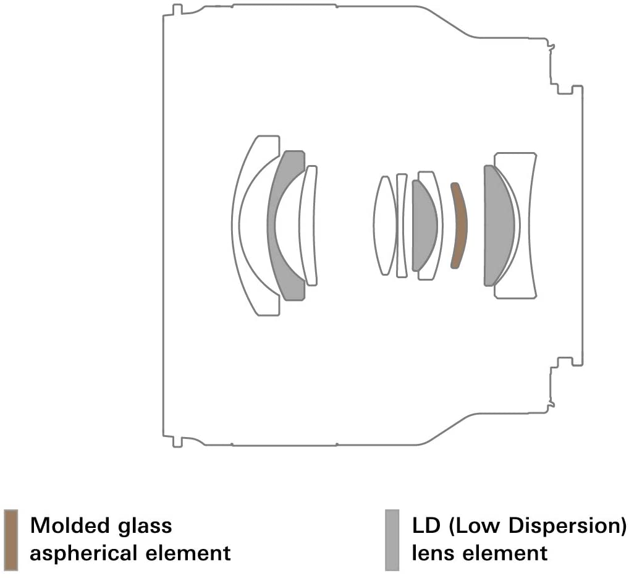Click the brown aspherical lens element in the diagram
(x=459, y=226)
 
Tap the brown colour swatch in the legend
(x=11, y=540)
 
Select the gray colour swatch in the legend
(x=392, y=540)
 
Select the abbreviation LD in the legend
(x=426, y=526)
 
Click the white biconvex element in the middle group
(x=385, y=226)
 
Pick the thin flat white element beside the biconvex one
(x=402, y=226)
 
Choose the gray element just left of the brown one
(x=424, y=226)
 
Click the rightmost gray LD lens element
(x=497, y=226)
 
